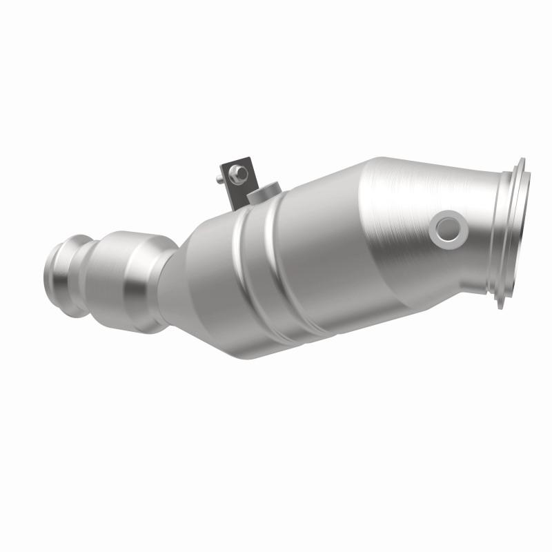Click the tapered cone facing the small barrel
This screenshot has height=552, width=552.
pyautogui.click(x=204, y=276)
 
